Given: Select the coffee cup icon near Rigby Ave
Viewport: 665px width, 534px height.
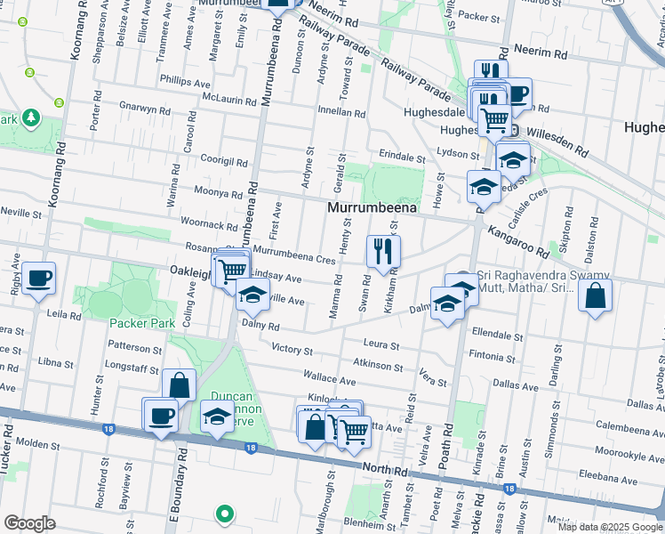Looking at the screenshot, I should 38,279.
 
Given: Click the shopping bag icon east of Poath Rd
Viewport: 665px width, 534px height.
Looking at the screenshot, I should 595,296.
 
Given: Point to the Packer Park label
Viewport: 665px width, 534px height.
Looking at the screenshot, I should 142,323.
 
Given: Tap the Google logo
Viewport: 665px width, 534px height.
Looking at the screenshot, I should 29,523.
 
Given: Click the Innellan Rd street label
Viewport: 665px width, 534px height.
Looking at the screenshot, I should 342,113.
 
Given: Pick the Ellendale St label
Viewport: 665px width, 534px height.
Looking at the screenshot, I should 499,336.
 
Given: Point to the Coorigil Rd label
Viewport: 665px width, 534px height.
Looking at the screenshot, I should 224,161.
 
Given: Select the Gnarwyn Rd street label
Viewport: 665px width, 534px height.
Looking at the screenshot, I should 145,109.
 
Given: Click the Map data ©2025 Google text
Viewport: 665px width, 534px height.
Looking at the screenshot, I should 609,526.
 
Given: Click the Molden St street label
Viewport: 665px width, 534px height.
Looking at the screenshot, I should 36,442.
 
